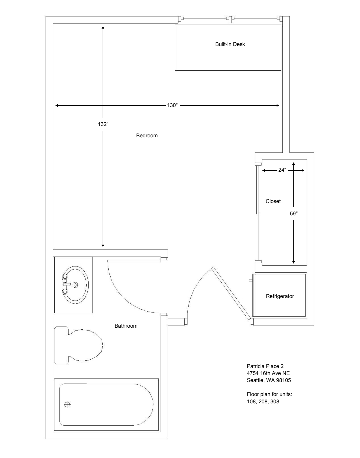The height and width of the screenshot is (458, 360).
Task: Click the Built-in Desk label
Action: [x=230, y=44]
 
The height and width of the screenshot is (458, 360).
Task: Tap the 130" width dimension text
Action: [x=173, y=105]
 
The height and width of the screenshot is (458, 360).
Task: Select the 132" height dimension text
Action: [x=103, y=124]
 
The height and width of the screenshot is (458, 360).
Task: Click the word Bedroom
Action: [x=147, y=135]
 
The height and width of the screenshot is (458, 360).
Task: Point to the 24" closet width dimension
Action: [x=282, y=170]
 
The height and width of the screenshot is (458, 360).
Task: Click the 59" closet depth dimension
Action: [x=294, y=214]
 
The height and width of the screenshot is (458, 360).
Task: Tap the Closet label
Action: [x=273, y=201]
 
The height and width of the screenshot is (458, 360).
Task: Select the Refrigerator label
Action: [x=280, y=296]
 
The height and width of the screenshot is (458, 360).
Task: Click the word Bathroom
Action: [x=126, y=326]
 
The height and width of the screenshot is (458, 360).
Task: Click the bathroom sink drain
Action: [x=75, y=285]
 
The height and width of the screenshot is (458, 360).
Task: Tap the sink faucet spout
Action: [x=67, y=284]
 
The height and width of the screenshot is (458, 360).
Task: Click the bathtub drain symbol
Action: [x=67, y=405]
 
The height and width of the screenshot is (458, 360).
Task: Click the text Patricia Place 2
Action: [x=265, y=366]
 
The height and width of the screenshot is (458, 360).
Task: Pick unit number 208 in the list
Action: [x=263, y=401]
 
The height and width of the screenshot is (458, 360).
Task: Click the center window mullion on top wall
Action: [x=230, y=19]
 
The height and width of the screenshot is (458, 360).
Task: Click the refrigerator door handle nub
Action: [x=251, y=280]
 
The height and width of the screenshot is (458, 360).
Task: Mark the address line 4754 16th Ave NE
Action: [x=268, y=373]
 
